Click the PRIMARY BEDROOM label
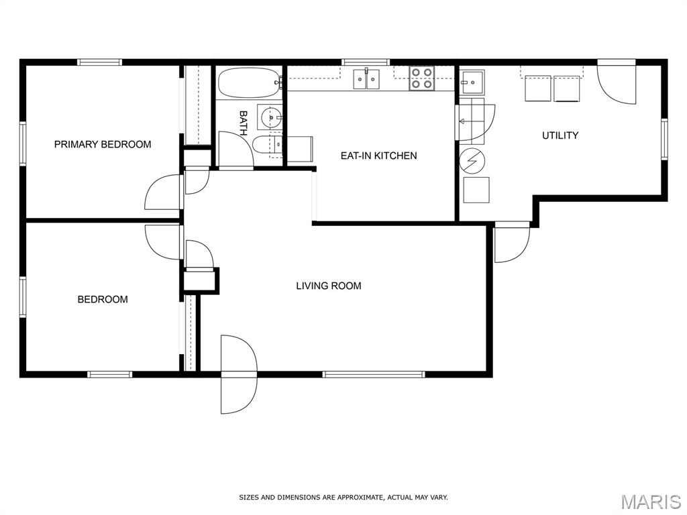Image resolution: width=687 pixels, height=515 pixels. pos(103,144)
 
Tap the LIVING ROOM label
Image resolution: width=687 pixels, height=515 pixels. pos(329,286)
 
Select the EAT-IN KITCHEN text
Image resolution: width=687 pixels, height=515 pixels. pos(378,156)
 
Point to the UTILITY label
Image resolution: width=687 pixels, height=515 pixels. pos(560,135)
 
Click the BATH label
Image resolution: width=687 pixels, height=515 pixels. pos(243,123)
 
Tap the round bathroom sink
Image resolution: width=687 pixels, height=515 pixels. pos(270,117)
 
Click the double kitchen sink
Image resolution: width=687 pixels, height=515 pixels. pos(366,79)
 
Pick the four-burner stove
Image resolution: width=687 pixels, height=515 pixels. pos(422,78)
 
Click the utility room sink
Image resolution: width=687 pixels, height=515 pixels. pos(472,82)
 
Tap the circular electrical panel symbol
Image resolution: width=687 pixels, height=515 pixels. pos(472,160)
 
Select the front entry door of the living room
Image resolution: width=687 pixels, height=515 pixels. pos(238,374)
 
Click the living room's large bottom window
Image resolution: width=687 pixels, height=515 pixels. pos(374,374)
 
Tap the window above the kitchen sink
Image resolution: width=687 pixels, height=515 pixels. pos(366,62)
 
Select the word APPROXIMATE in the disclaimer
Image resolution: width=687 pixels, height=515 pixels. pos(356,498)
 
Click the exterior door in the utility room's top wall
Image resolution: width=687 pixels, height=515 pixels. pos(617,82)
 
